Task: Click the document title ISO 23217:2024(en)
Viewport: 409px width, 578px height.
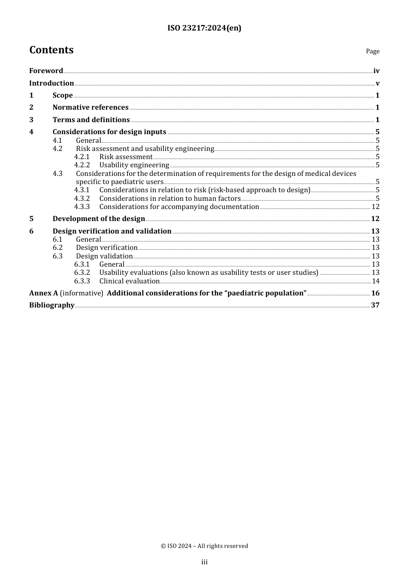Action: pos(204,28)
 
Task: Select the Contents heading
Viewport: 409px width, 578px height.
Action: pos(51,50)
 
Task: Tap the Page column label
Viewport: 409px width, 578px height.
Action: pos(372,51)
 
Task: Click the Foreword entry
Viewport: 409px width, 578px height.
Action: pos(46,71)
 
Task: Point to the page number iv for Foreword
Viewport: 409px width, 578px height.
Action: pos(376,71)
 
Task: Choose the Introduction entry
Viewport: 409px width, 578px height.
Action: pos(52,83)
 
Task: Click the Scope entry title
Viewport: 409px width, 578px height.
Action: pos(62,95)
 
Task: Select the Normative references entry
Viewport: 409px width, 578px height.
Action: pos(90,108)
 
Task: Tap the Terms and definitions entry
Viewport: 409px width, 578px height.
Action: pos(91,120)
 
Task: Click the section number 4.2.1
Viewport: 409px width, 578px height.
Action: pos(82,157)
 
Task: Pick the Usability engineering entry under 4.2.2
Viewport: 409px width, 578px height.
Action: pos(134,165)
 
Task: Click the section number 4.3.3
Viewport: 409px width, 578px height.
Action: pos(82,207)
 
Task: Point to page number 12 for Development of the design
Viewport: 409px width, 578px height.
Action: pos(375,219)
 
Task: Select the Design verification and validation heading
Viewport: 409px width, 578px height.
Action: pos(112,231)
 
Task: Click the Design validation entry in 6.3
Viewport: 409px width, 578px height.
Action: pos(104,256)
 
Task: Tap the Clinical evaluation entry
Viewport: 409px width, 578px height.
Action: pos(130,281)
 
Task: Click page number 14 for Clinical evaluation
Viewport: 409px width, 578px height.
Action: pos(375,281)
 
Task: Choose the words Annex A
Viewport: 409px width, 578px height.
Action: pos(43,293)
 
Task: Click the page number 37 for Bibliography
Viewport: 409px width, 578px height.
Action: pos(375,305)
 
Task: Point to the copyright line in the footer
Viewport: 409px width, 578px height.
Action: pos(204,546)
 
